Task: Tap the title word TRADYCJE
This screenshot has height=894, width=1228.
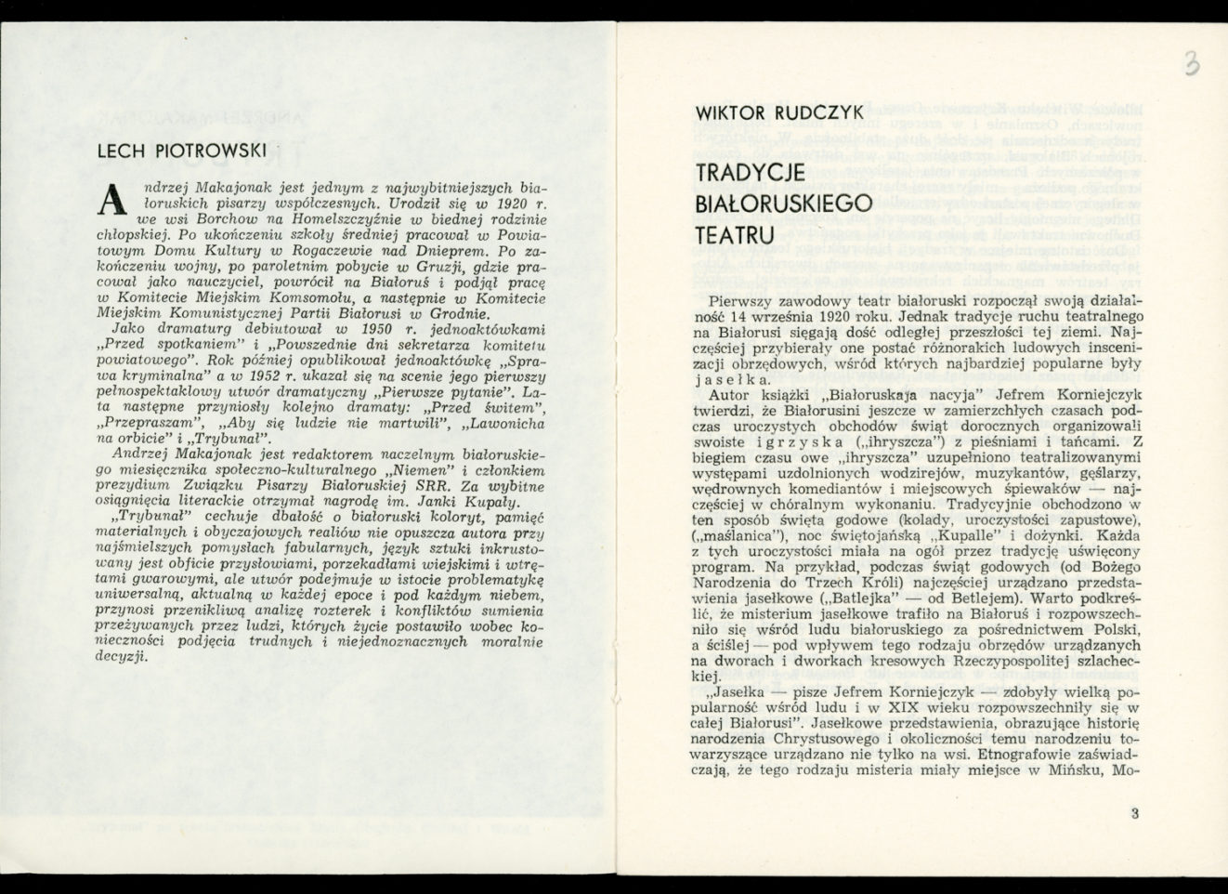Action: (x=761, y=172)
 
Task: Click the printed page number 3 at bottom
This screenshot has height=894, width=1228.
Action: (x=1134, y=814)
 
